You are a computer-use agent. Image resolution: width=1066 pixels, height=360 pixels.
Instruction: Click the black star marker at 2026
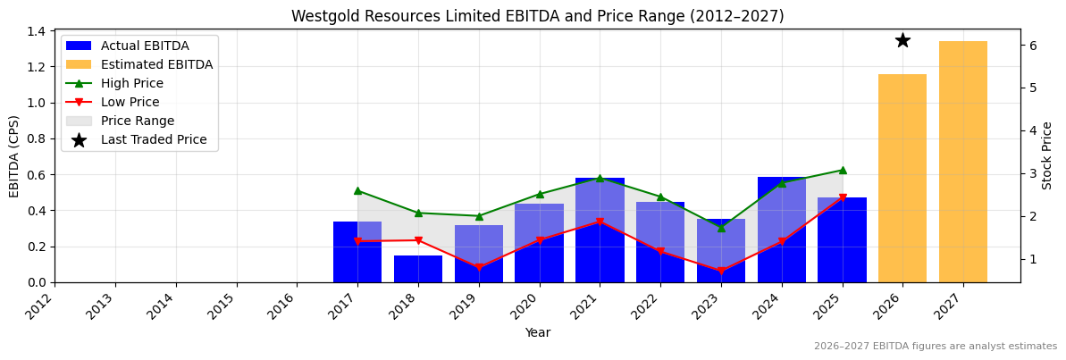tap(902, 40)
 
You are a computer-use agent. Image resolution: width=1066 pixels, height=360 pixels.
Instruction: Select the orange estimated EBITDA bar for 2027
tap(963, 162)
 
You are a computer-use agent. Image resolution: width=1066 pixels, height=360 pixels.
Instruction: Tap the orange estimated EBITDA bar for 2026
tap(902, 179)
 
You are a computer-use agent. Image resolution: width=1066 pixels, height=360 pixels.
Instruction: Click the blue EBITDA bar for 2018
tap(418, 269)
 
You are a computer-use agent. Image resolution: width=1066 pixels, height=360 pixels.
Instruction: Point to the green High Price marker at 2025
tap(843, 170)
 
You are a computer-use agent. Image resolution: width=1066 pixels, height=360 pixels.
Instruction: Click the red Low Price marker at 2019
tap(479, 267)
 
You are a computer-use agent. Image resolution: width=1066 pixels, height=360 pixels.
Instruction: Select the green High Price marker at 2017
tap(357, 190)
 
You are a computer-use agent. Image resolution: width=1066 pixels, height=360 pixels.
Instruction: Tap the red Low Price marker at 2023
tap(721, 271)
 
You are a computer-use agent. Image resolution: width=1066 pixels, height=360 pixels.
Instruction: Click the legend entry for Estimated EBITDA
tap(156, 64)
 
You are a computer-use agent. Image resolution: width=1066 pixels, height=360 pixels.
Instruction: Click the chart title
tap(537, 16)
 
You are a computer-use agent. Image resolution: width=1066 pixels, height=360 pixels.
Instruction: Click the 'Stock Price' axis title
tap(1047, 155)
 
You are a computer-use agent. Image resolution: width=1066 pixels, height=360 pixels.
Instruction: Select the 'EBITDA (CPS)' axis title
tap(14, 155)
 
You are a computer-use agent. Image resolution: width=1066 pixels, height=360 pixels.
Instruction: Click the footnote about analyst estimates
tap(935, 347)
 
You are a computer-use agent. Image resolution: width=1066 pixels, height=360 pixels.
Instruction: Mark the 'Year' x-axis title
tap(537, 332)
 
